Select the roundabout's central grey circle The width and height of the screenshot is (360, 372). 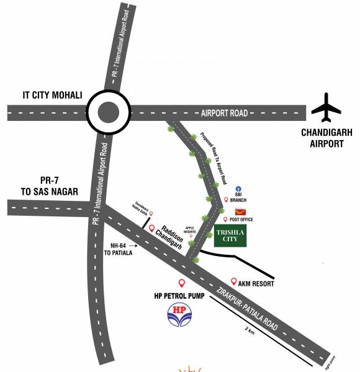pos(109,112)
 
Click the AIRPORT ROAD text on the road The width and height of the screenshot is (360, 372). pos(224,113)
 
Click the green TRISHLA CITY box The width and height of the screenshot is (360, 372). pos(230,236)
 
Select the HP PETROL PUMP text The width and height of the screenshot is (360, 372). pos(181,295)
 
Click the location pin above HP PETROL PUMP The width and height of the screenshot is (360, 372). pos(181,283)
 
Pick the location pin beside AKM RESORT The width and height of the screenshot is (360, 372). pos(233,281)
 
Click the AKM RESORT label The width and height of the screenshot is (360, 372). pos(257,283)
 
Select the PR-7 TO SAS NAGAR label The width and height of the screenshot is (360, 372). pos(48,186)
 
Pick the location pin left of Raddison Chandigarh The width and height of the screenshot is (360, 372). pos(151,229)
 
